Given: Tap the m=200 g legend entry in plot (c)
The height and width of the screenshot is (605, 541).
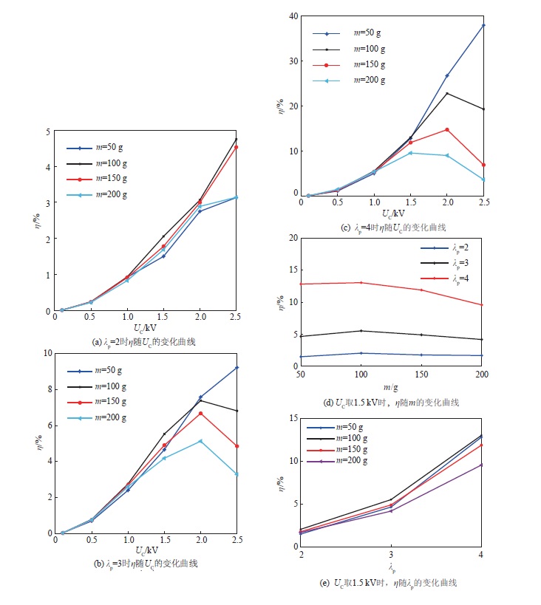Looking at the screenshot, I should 370,80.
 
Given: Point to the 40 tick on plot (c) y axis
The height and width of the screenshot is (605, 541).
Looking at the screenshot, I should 294,16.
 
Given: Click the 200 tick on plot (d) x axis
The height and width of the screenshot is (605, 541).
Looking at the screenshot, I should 482,375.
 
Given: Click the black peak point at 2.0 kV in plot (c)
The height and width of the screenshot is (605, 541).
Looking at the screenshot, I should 446,93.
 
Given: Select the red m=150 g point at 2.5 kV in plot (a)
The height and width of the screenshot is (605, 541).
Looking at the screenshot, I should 237,147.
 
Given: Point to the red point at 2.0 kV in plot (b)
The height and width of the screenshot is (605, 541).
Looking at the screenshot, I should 200,413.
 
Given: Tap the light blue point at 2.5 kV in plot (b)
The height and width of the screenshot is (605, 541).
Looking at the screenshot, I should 237,474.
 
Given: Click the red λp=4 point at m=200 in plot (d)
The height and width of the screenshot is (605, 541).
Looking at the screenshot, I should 482,305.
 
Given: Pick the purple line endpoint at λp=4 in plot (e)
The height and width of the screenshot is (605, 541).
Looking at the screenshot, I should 482,465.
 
